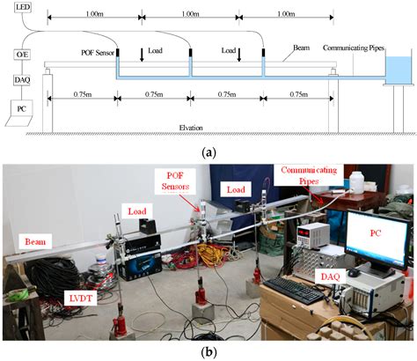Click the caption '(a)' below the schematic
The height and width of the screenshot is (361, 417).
coord(208,152)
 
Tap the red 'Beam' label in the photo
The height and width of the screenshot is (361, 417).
coord(32,240)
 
